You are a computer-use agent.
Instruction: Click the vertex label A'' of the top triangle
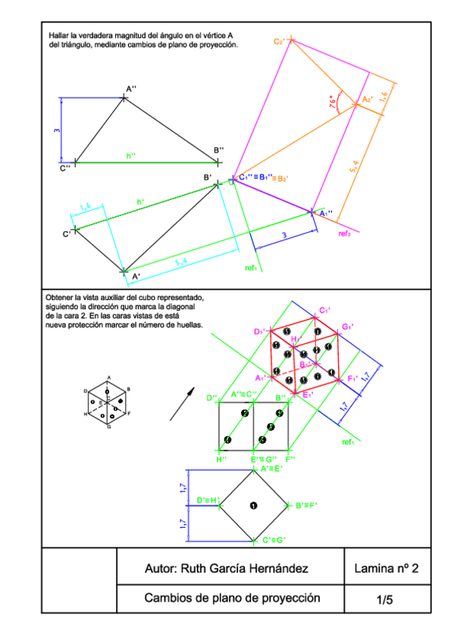(131, 89)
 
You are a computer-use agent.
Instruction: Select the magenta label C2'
(280, 42)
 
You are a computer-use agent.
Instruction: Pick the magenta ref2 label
(344, 234)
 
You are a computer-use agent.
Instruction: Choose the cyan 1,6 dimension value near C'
(85, 205)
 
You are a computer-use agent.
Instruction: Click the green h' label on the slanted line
(140, 201)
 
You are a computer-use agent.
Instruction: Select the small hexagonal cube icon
(108, 401)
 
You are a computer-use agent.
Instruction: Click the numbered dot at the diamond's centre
(253, 505)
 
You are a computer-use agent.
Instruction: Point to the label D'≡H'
(208, 500)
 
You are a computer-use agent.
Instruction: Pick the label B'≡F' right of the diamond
(308, 505)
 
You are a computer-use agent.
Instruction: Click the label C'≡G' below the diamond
(274, 540)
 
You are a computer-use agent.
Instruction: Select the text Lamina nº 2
(387, 569)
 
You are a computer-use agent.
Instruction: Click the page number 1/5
(385, 600)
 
